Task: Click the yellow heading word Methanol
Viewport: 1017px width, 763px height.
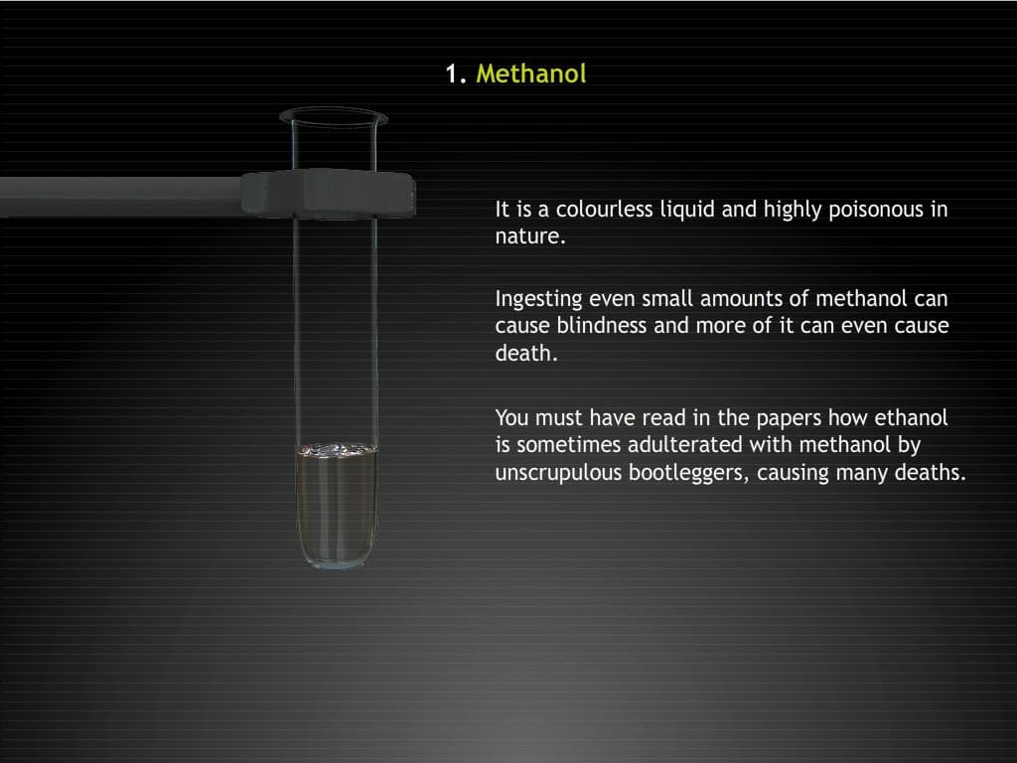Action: pyautogui.click(x=531, y=74)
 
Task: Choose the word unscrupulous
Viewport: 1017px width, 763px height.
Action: pyautogui.click(x=558, y=473)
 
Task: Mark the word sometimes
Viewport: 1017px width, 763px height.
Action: pyautogui.click(x=562, y=445)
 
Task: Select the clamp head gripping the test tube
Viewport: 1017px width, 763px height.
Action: pyautogui.click(x=328, y=192)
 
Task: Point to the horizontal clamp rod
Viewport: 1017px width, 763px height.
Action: pyautogui.click(x=119, y=195)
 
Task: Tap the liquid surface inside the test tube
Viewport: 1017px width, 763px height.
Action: pyautogui.click(x=337, y=450)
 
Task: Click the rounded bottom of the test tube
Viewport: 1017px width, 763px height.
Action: pyautogui.click(x=337, y=556)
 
